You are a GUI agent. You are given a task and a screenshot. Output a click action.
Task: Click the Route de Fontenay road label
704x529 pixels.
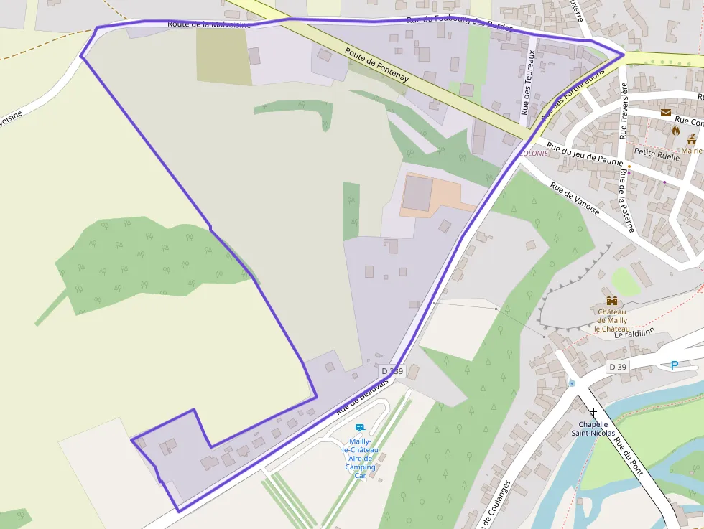(x=376, y=65)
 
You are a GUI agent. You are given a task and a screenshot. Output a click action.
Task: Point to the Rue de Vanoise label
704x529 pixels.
(x=575, y=197)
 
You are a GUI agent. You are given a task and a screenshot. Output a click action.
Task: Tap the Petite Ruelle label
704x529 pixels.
(x=657, y=152)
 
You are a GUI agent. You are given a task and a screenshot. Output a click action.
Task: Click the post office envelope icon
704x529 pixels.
(x=666, y=113)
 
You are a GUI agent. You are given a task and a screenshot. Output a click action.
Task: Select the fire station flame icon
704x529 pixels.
(x=676, y=131)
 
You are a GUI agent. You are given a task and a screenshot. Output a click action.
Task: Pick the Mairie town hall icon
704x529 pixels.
(x=693, y=139)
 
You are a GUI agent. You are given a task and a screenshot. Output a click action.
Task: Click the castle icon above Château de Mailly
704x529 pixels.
(x=612, y=301)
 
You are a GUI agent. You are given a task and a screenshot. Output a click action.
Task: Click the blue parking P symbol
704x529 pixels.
(x=674, y=365)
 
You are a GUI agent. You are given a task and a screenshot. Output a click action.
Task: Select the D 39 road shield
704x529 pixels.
(x=617, y=368)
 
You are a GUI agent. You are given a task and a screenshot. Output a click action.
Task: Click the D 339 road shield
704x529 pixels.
(x=393, y=371)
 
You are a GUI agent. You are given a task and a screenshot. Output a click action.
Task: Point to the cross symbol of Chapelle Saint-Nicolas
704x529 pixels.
(x=593, y=413)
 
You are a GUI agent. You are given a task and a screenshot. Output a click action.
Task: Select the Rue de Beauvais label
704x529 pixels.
(x=362, y=397)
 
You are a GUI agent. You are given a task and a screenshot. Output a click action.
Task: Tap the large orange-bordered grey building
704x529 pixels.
(x=418, y=192)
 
